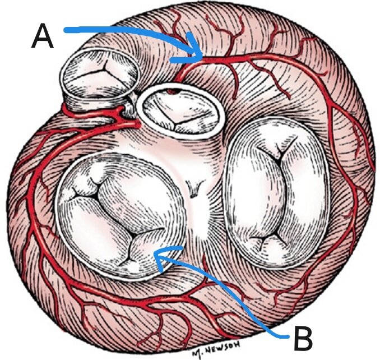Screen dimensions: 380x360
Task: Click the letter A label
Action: pos(43,36)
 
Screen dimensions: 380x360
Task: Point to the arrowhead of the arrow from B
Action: pos(167,257)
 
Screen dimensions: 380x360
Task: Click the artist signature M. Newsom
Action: pos(216,349)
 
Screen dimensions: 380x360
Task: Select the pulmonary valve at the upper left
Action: pos(99,77)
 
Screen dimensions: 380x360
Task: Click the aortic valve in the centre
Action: pos(178,112)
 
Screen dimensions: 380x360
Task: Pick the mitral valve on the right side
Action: pos(276,193)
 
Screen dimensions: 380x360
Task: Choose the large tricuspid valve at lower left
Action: pos(121,216)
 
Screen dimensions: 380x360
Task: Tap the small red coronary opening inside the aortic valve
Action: pos(173,91)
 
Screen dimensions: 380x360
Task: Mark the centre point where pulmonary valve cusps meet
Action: pos(105,70)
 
